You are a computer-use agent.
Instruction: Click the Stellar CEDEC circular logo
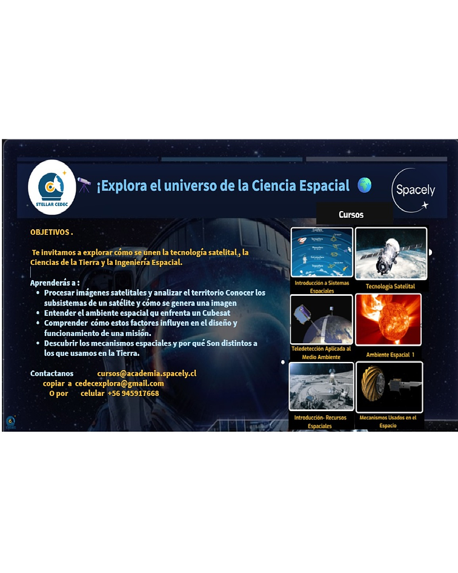(52, 187)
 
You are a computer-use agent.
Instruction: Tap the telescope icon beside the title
(84, 185)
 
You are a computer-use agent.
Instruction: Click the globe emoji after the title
(364, 185)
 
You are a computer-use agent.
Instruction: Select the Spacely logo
(415, 190)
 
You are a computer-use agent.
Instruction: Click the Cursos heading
(351, 215)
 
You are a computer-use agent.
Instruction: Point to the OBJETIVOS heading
(51, 232)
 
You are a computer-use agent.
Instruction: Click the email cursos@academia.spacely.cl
(147, 374)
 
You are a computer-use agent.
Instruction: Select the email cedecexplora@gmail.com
(119, 383)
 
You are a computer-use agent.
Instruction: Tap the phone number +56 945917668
(133, 394)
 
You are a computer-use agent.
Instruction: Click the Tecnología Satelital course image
(391, 253)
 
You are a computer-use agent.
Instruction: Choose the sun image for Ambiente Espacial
(388, 320)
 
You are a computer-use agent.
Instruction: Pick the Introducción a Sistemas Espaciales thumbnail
(322, 252)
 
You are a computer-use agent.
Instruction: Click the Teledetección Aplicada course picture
(321, 320)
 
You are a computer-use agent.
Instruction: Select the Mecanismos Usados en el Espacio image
(389, 387)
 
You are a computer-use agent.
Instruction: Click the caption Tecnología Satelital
(390, 286)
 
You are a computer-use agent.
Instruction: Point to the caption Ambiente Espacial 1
(390, 355)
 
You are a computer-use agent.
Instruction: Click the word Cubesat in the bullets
(216, 313)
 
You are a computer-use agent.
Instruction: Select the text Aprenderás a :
(55, 283)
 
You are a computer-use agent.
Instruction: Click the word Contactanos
(51, 374)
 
